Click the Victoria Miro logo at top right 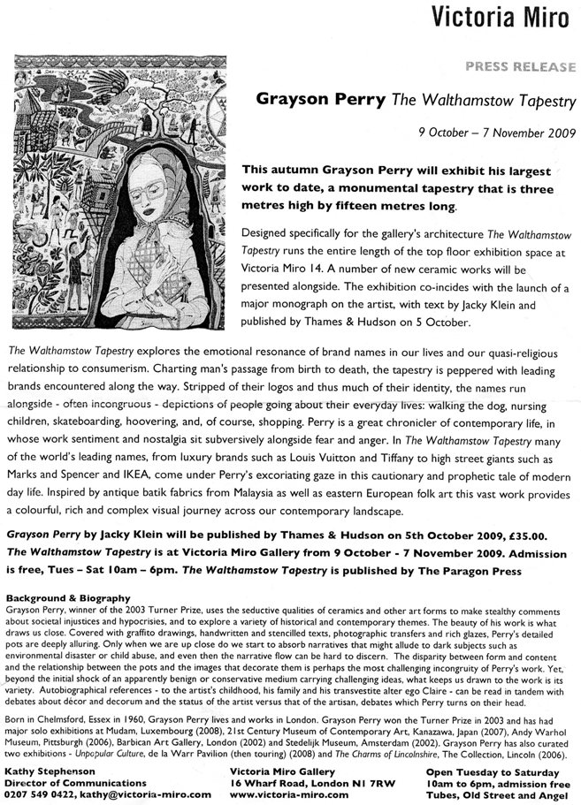click(x=507, y=18)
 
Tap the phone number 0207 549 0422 click(x=39, y=794)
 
